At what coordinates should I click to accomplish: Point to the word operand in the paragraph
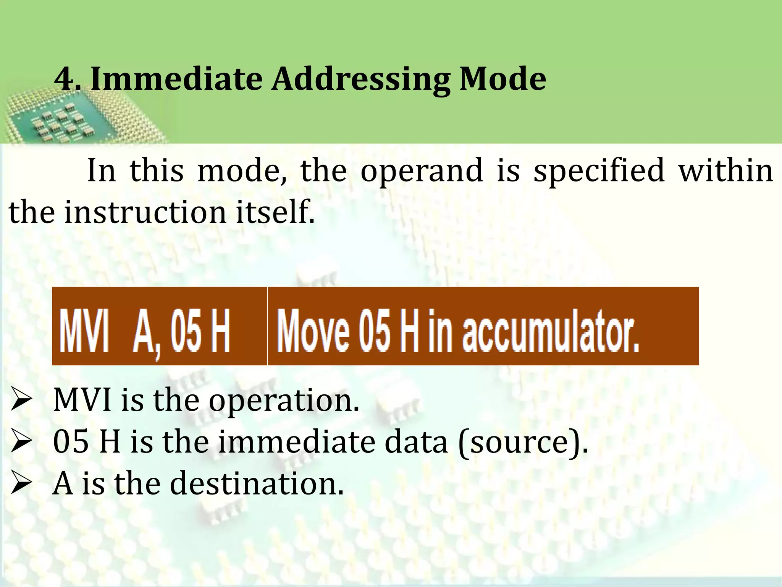tap(422, 171)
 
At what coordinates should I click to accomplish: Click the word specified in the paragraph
tap(599, 171)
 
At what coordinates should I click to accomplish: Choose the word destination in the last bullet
tap(256, 485)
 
